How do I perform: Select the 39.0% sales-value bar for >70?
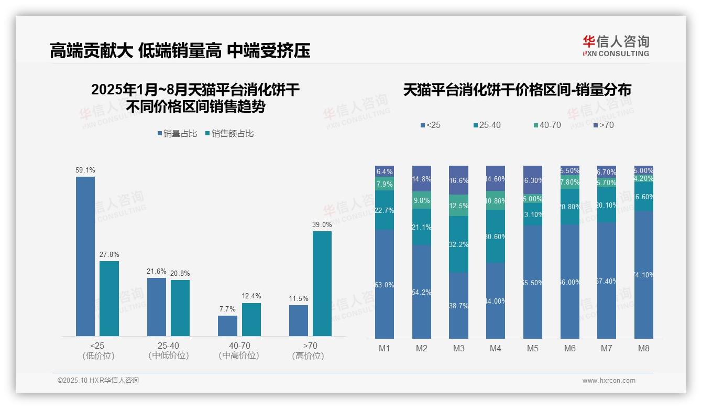322,283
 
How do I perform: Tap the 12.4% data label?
251,296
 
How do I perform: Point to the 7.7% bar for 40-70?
227,326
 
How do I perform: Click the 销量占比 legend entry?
177,134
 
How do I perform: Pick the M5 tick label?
533,348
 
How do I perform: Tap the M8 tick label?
644,348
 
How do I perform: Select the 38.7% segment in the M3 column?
458,305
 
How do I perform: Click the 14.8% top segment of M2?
422,179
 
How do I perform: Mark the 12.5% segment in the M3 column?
458,206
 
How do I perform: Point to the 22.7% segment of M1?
385,210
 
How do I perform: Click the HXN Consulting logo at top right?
616,46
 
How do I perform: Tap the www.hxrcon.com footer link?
609,381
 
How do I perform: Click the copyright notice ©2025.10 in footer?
98,381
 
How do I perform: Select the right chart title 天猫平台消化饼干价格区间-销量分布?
517,90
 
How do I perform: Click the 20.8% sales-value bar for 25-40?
180,308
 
